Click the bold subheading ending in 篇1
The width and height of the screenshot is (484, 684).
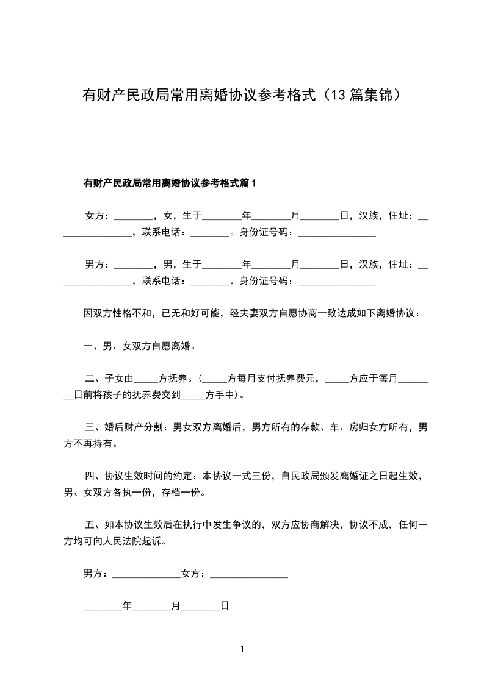point(170,183)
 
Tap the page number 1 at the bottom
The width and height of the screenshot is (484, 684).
point(242,649)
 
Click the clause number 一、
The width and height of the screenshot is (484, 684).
point(92,346)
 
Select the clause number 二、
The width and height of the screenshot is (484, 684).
point(93,379)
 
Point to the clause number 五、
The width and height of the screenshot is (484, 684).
point(93,525)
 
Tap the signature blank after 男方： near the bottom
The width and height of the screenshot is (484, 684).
point(147,574)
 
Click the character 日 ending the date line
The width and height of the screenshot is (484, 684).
point(224,607)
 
